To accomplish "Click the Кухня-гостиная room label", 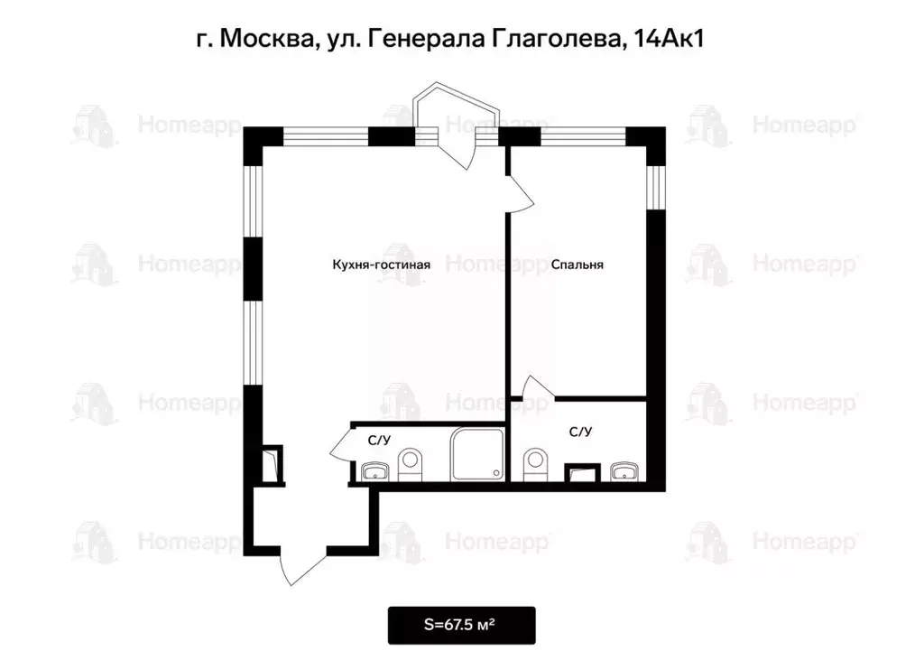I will (374, 265).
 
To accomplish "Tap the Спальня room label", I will (577, 265).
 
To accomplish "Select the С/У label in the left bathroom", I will (379, 441).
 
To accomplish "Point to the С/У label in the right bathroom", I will (580, 432).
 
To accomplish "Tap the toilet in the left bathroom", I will (411, 463).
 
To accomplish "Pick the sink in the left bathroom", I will (374, 470).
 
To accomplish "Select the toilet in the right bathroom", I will (536, 463).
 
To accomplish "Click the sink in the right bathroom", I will (623, 470).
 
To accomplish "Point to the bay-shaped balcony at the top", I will (460, 113).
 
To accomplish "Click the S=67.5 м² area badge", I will (461, 625).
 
